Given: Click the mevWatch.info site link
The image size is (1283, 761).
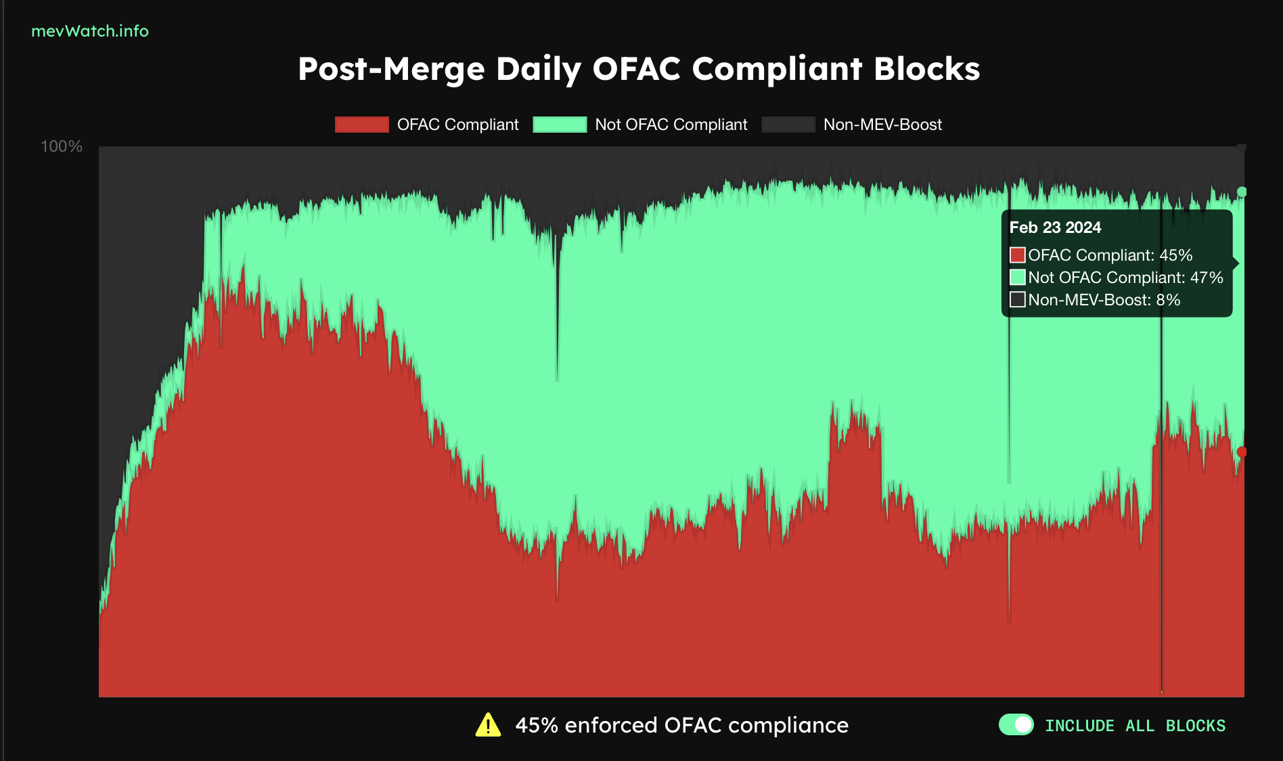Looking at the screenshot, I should coord(90,31).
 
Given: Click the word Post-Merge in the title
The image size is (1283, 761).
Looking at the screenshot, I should coord(391,69).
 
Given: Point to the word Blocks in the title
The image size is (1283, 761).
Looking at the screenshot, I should coord(926,69).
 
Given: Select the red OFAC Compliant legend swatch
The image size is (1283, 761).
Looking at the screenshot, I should coord(361,125).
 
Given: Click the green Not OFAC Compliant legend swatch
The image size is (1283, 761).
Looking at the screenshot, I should coord(560,125).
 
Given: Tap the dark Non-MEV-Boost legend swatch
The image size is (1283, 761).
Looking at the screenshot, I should coord(788,125).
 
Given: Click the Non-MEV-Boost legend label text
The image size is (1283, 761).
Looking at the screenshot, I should coord(882,125).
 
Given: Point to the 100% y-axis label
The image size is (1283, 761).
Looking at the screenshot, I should coord(62,146).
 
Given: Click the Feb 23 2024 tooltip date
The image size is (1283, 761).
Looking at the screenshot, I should coord(1055,227).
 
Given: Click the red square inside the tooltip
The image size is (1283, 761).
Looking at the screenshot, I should coord(1017,255).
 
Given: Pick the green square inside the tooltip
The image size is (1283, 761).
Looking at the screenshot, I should coord(1017,278).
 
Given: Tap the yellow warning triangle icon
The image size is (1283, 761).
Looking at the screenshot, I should coord(488,725).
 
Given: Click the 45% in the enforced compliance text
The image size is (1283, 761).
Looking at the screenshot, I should coord(537,725).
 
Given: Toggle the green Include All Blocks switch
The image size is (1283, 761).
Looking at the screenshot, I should coord(1016,724).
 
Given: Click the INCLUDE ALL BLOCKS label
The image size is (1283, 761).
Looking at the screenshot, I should coord(1135,726).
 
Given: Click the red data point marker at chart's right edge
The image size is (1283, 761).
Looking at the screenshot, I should coord(1242,452).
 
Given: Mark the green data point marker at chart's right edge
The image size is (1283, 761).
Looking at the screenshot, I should coord(1242,192).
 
